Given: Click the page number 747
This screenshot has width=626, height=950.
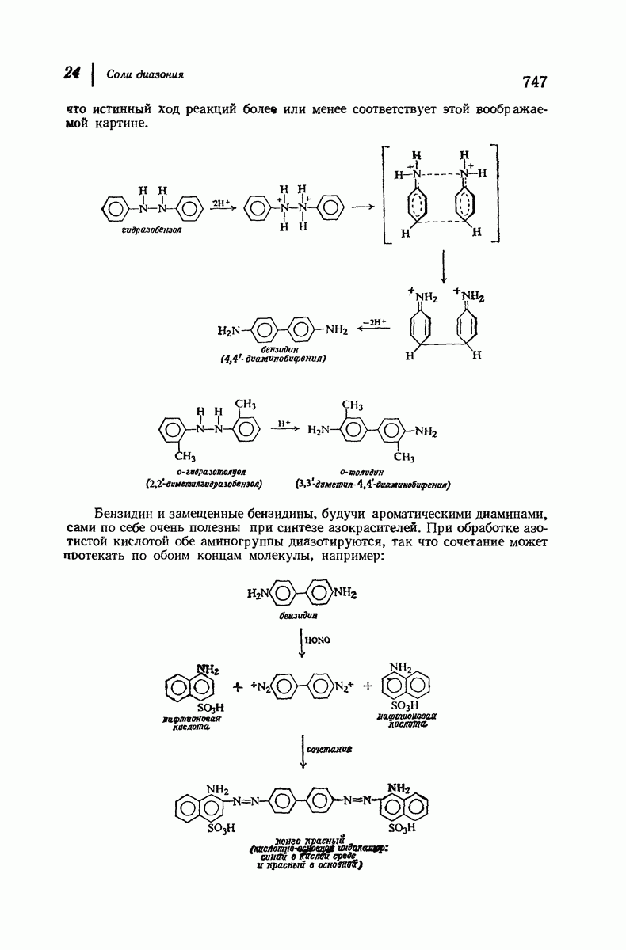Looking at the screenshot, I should pos(535,82).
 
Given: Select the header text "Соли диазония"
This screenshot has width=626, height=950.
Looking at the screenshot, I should pos(145,75).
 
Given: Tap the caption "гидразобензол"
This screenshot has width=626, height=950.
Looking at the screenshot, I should pos(153,230).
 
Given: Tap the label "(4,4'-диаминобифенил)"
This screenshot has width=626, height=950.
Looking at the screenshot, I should pos(274,358).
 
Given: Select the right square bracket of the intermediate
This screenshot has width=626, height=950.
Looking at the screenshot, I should pos(497,192).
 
